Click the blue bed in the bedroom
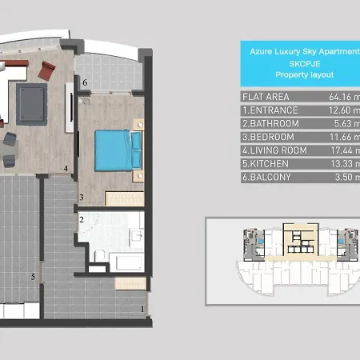(118, 150)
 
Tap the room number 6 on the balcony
(85, 82)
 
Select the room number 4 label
(66, 169)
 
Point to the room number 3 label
(82, 198)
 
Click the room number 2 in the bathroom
(82, 219)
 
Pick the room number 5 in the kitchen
(33, 277)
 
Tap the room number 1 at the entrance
(142, 309)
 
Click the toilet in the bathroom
(100, 255)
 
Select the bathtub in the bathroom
(126, 262)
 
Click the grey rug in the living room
(31, 104)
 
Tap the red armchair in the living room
(46, 70)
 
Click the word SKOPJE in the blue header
(305, 64)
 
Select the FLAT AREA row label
(266, 97)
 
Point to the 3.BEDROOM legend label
(268, 137)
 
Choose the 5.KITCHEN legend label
(266, 164)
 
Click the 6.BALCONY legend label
(266, 177)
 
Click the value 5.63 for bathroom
(343, 123)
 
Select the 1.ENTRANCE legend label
(270, 110)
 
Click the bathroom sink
(137, 235)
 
